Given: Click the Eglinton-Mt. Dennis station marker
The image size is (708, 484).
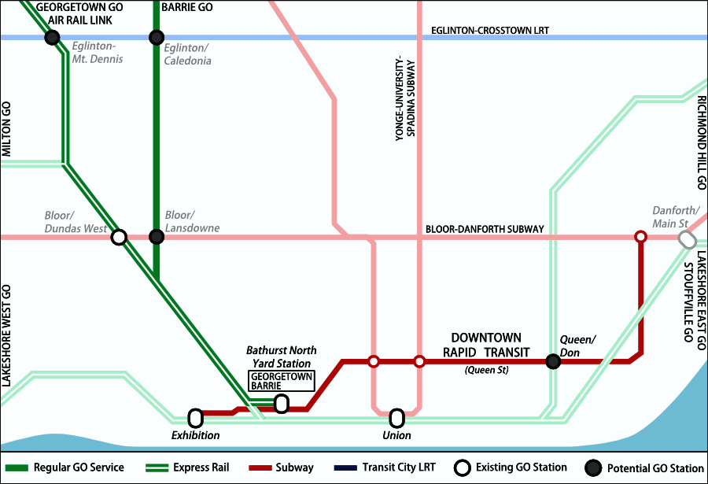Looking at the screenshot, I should (52, 37).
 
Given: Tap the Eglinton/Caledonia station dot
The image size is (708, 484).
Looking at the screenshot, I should (157, 37).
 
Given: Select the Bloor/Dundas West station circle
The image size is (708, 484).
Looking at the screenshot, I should (119, 236).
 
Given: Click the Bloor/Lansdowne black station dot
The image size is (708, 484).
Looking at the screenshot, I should (157, 236).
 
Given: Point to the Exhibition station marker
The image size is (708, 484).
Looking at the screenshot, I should (196, 417).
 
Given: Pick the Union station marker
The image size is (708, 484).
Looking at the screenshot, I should (397, 417).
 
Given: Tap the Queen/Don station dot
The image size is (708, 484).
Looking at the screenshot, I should (553, 361).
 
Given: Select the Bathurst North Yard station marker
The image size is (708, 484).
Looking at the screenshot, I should (281, 403).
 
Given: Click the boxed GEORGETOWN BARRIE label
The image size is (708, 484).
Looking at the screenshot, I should (281, 381).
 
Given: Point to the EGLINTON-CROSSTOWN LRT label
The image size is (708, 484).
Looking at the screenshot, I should (489, 31).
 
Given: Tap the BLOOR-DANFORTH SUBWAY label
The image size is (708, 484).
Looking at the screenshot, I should (485, 229).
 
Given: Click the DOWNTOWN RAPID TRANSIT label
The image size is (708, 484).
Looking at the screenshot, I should (486, 345).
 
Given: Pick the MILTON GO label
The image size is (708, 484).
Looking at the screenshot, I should (6, 129).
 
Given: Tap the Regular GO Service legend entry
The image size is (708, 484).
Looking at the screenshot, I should (67, 467).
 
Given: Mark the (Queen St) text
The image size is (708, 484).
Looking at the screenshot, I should (486, 369).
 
